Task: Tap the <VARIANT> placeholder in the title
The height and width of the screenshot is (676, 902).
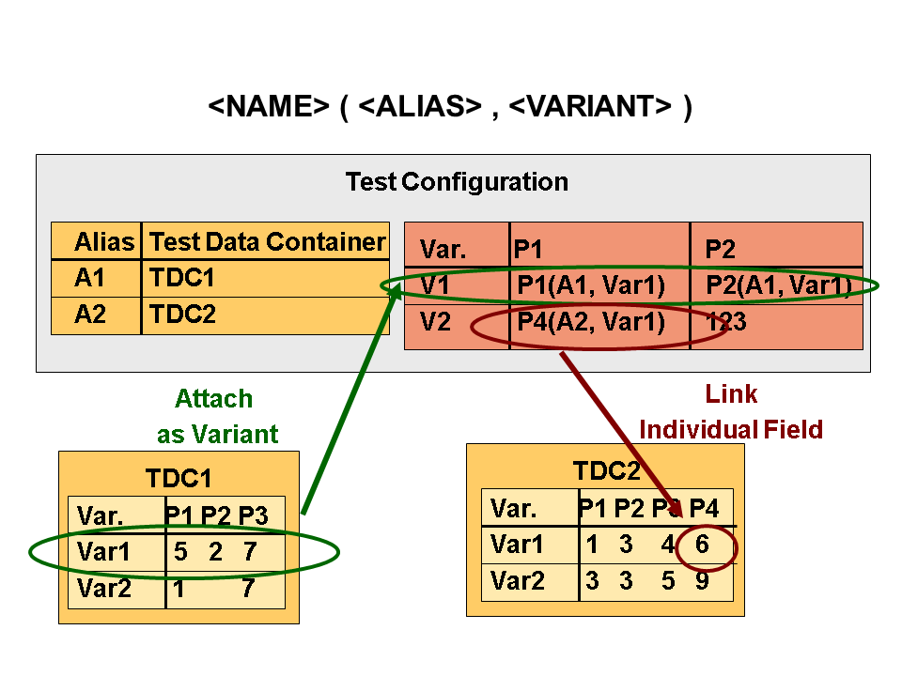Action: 590,107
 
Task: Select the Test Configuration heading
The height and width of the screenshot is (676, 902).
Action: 457,181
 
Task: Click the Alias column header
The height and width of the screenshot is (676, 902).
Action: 104,242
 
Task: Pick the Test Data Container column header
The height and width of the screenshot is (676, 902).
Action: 267,242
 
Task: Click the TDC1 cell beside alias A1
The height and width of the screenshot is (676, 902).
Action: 181,278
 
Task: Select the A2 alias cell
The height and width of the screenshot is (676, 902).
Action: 91,315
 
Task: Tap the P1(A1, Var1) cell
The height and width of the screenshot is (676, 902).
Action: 591,285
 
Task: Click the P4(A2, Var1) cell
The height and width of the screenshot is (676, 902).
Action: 591,323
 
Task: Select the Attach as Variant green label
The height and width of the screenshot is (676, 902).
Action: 216,416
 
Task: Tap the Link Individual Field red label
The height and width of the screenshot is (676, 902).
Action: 731,412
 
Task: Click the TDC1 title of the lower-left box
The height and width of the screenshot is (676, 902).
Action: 179,479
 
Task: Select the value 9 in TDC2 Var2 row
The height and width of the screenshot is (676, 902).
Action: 703,581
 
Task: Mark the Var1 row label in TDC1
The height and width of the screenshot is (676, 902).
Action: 104,552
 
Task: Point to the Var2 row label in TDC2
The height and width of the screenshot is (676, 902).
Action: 518,581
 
